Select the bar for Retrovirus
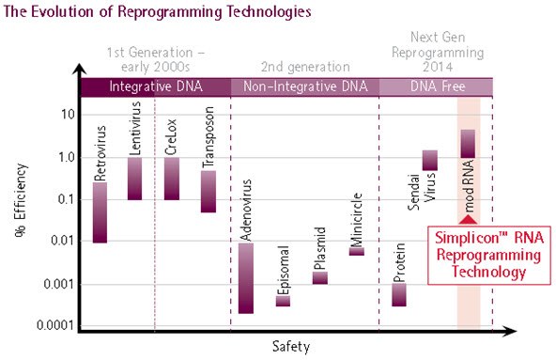tap(100, 212)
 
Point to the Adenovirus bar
tap(245, 278)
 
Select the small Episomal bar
tap(283, 301)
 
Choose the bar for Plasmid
tap(319, 277)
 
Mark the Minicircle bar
tap(357, 251)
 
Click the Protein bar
tap(399, 295)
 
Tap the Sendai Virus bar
tap(430, 160)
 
